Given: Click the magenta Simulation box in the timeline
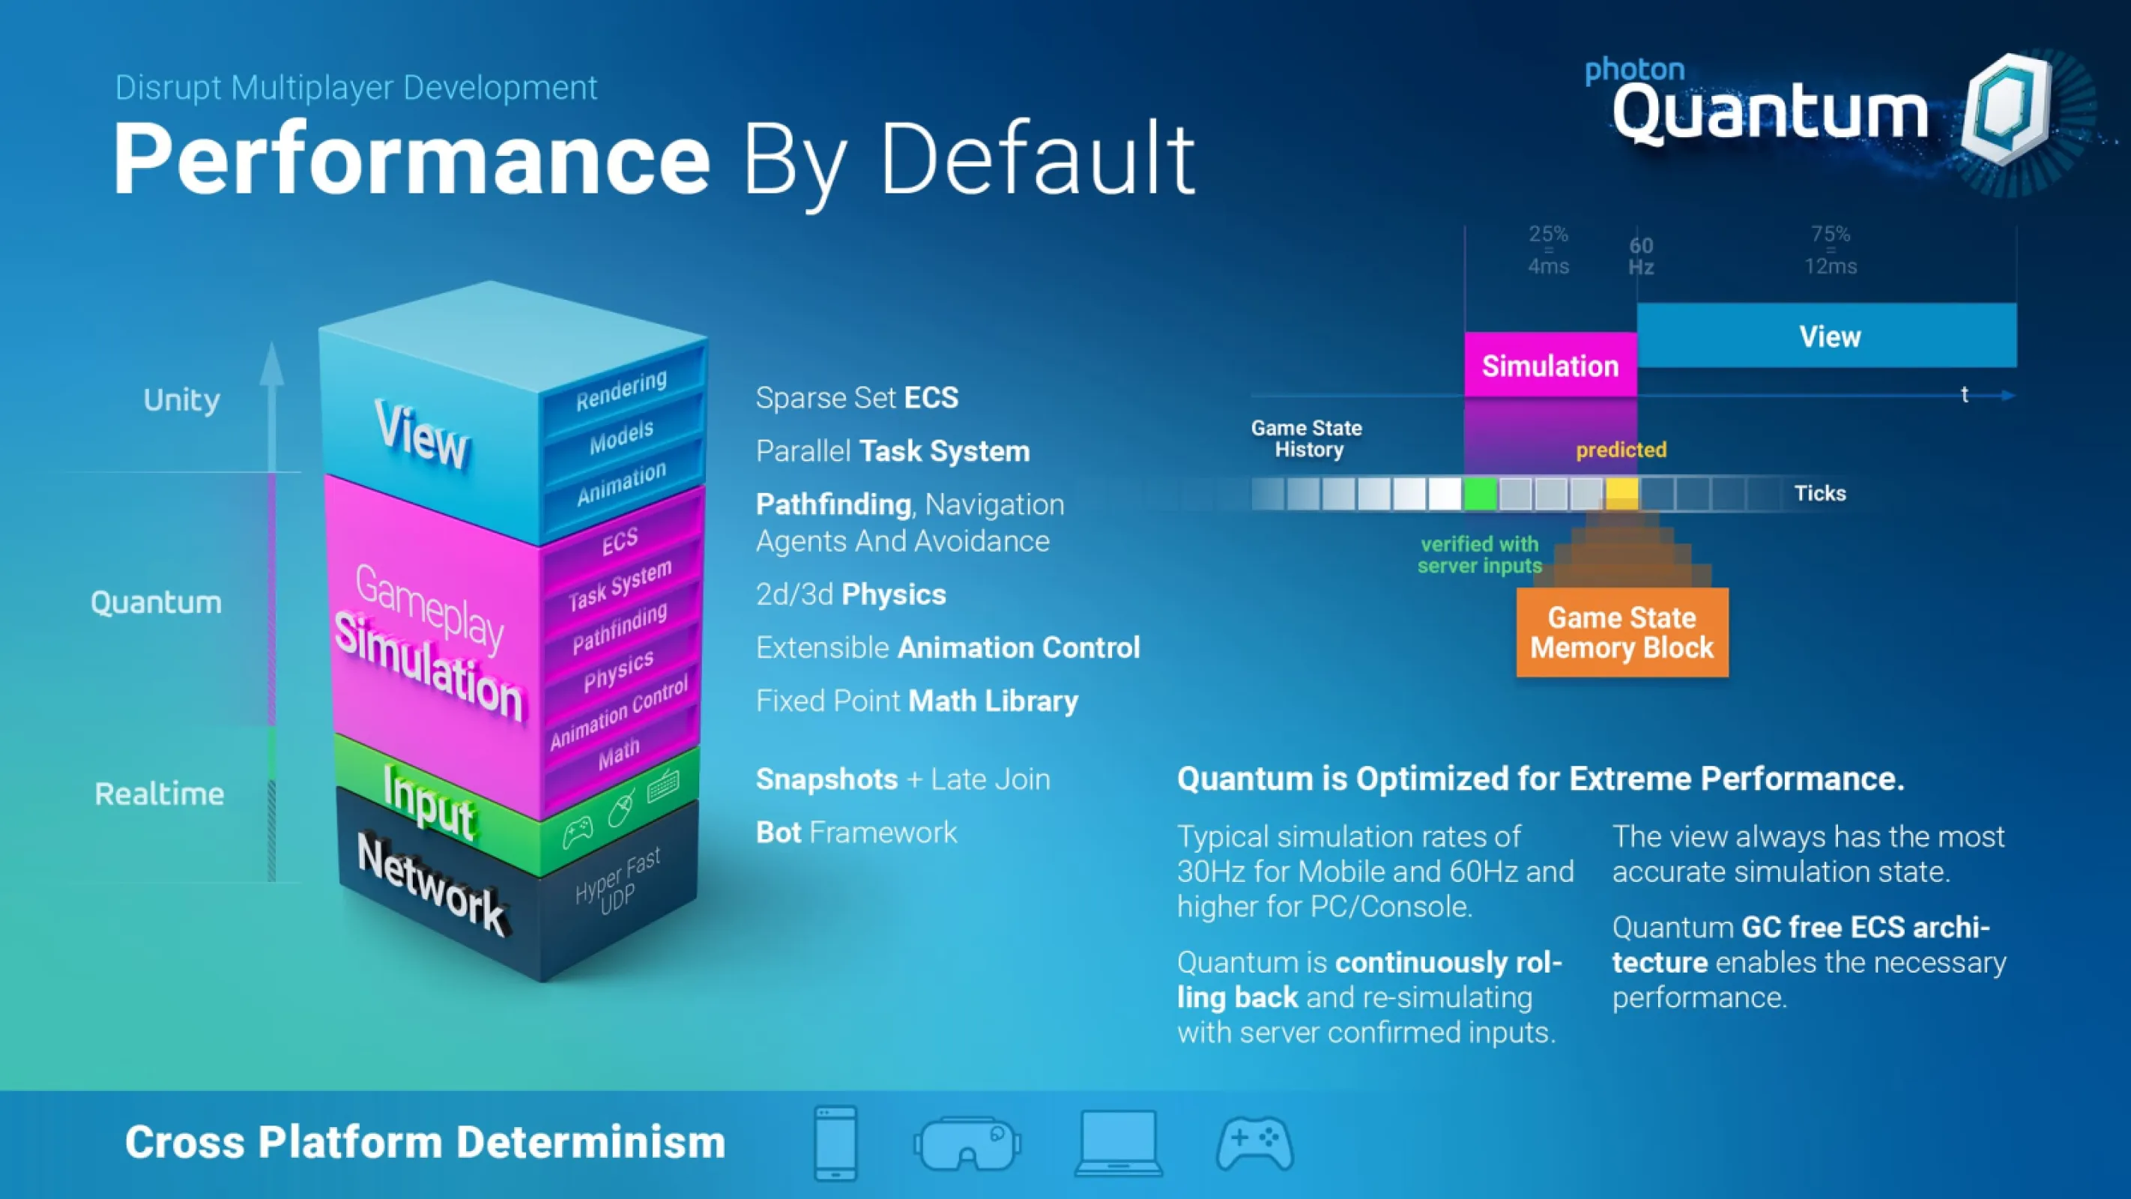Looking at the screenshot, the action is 1550,365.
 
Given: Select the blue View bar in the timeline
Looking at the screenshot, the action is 1827,335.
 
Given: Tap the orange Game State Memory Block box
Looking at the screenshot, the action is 1622,632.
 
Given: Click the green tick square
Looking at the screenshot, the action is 1480,493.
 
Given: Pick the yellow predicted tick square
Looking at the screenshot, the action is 1621,493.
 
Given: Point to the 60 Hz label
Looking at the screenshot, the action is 1641,256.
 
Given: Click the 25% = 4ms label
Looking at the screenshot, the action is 1548,250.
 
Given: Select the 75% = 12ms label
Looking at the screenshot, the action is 1831,250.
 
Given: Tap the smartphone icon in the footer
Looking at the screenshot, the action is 835,1143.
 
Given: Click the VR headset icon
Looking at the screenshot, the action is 967,1143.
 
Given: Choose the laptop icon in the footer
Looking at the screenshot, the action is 1119,1143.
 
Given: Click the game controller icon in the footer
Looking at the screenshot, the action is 1255,1144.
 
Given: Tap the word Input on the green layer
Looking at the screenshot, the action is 429,800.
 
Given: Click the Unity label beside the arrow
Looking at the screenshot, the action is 182,400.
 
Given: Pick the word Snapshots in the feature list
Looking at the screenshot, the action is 827,779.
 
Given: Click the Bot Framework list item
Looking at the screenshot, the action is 856,833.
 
